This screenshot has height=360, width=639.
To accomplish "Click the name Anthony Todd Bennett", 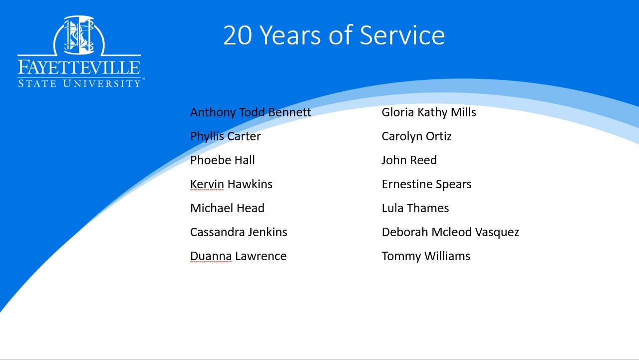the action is coord(251,112).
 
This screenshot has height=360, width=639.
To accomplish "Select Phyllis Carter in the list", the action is coord(225,136).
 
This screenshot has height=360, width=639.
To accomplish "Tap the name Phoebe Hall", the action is coord(223,160).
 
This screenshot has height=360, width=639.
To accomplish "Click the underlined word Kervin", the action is coord(207,184).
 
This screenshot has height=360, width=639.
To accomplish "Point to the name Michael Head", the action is coord(227,208).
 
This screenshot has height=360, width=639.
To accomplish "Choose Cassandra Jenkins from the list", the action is coord(239,232).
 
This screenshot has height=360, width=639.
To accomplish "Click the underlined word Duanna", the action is coord(211,256).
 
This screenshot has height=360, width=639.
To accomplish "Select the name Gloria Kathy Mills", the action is coord(429,112).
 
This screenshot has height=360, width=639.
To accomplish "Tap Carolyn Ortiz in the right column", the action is coord(416,136).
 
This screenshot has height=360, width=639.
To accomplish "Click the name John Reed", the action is coord(409,160).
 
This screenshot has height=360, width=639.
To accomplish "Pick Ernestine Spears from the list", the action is coord(426,184).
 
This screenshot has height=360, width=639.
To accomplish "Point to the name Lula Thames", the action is coord(415,208).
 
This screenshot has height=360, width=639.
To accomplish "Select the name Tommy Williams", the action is coord(426,256).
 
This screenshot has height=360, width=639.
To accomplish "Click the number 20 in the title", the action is coord(237,35).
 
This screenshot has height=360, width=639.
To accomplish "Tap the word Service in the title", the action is coord(402,35).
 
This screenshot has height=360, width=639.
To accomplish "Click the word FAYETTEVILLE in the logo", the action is coord(79,67).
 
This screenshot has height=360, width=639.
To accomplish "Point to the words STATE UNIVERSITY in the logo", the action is coord(79,83).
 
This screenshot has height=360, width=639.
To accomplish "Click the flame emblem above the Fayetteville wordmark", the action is coord(79,35).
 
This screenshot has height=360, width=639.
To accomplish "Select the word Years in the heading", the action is coord(291,35).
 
